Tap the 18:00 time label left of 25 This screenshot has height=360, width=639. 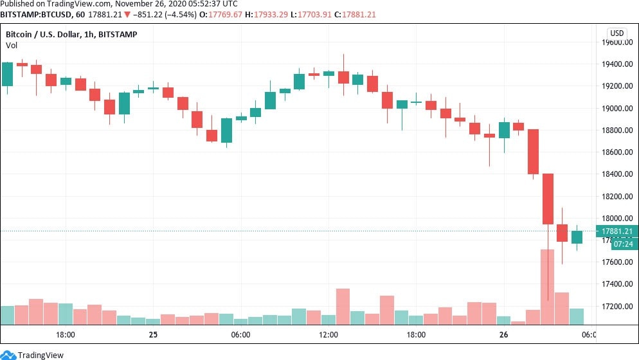[x=66, y=335]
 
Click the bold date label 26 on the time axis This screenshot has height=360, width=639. [x=503, y=335]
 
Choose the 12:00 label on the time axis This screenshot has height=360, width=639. [x=328, y=335]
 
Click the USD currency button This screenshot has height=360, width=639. [x=616, y=33]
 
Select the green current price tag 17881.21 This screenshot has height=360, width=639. [x=616, y=231]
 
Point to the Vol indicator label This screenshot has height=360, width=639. [x=12, y=45]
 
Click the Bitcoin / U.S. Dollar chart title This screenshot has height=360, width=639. [x=71, y=34]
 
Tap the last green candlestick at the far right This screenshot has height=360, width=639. [x=577, y=237]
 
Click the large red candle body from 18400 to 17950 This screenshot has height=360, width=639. [x=548, y=199]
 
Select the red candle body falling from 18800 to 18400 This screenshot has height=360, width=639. [x=533, y=152]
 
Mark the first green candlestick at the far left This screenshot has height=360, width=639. [x=7, y=74]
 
